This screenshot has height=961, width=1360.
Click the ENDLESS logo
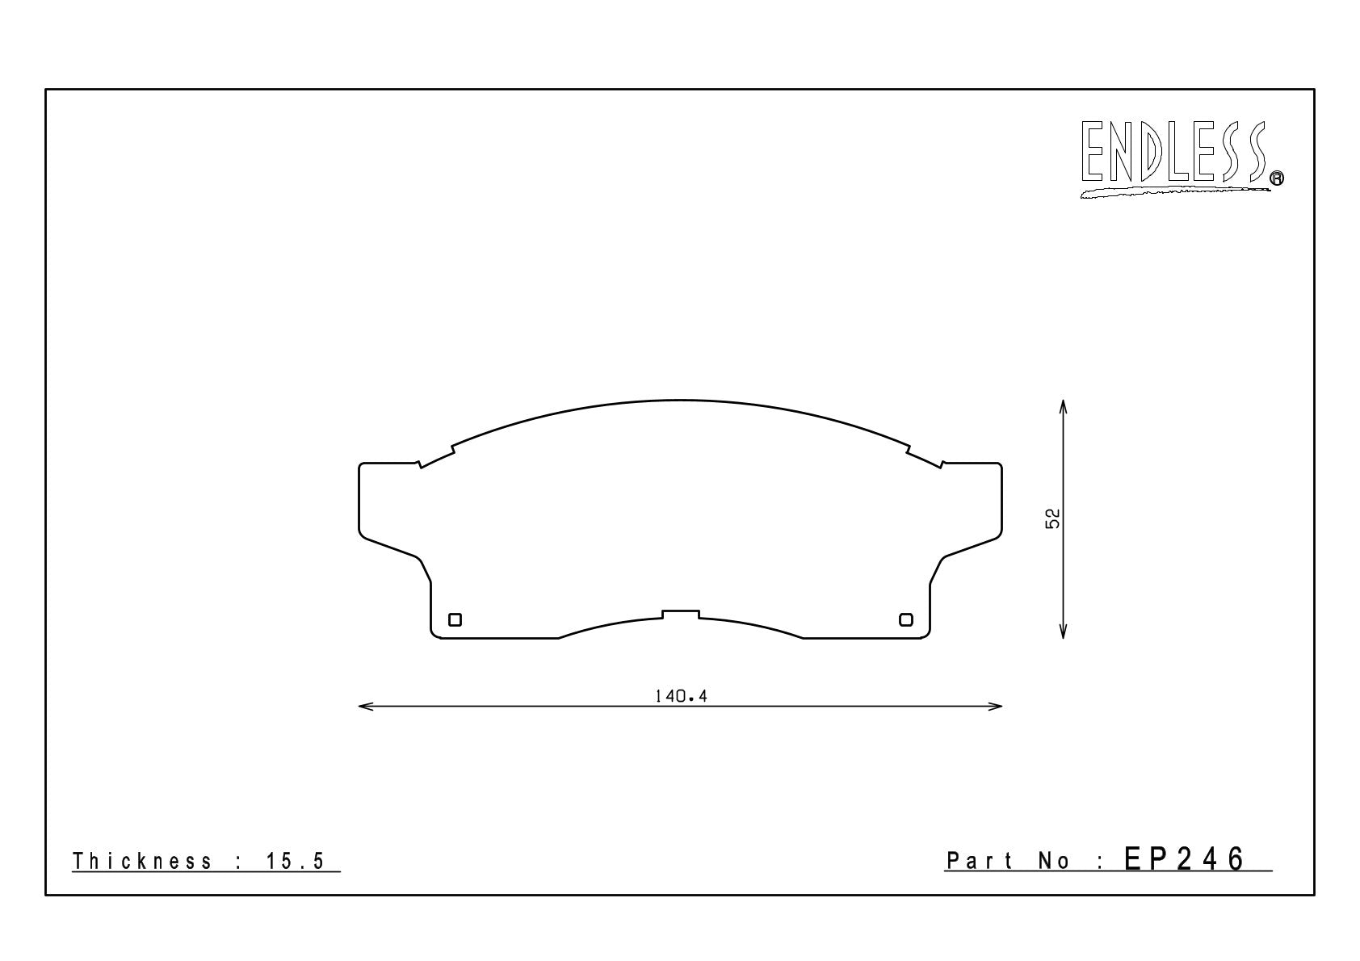click(x=1181, y=159)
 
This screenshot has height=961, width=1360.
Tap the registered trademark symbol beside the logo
click(x=1277, y=178)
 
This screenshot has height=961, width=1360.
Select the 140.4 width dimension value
click(x=682, y=695)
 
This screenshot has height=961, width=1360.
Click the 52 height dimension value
click(x=1052, y=518)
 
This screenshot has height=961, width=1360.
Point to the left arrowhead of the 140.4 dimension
click(x=366, y=706)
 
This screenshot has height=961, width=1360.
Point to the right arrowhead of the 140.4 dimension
click(x=994, y=706)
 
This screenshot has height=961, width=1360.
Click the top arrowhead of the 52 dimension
click(x=1063, y=407)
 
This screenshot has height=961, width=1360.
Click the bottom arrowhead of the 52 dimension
click(x=1063, y=631)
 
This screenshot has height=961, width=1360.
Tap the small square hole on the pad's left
click(x=455, y=620)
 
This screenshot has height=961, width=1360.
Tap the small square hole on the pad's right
click(x=906, y=620)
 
